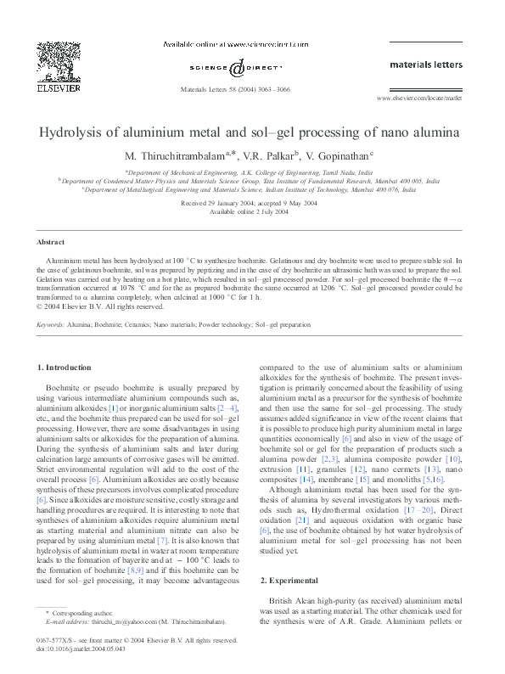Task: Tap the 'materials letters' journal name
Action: [x=425, y=64]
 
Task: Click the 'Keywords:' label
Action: [x=51, y=324]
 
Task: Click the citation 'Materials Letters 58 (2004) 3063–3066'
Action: [x=236, y=89]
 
